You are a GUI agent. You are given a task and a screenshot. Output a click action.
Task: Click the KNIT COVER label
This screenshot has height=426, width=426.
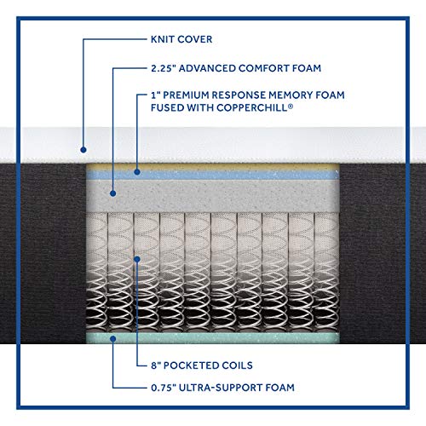tap(181, 39)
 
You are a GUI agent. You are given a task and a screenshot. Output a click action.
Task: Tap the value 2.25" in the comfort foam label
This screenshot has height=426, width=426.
tap(162, 68)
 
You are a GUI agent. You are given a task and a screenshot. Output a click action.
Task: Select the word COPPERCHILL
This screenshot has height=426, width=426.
tap(252, 107)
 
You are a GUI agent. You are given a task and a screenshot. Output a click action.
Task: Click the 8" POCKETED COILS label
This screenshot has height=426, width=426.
tap(202, 366)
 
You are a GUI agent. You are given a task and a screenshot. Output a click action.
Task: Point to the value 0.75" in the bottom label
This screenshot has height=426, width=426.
tap(163, 388)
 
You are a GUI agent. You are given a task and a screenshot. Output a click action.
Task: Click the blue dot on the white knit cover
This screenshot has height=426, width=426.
tap(83, 150)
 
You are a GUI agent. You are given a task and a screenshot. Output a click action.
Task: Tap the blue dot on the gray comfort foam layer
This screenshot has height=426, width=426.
tap(112, 193)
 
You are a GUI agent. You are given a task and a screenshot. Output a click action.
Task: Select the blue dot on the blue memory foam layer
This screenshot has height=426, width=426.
tap(137, 172)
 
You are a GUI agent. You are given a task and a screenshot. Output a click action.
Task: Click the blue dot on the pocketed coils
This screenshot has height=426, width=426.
tap(137, 259)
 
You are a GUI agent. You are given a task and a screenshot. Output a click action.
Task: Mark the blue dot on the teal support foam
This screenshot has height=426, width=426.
tap(112, 338)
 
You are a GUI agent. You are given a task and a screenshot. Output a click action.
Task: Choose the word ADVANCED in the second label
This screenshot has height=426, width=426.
tap(207, 68)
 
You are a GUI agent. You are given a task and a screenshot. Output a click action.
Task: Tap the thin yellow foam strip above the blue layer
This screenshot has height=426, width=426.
tap(212, 167)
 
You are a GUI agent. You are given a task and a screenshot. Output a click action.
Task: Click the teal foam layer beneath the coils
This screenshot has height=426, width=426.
tap(212, 338)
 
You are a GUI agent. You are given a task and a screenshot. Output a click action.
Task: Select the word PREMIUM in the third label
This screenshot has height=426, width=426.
tap(186, 95)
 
